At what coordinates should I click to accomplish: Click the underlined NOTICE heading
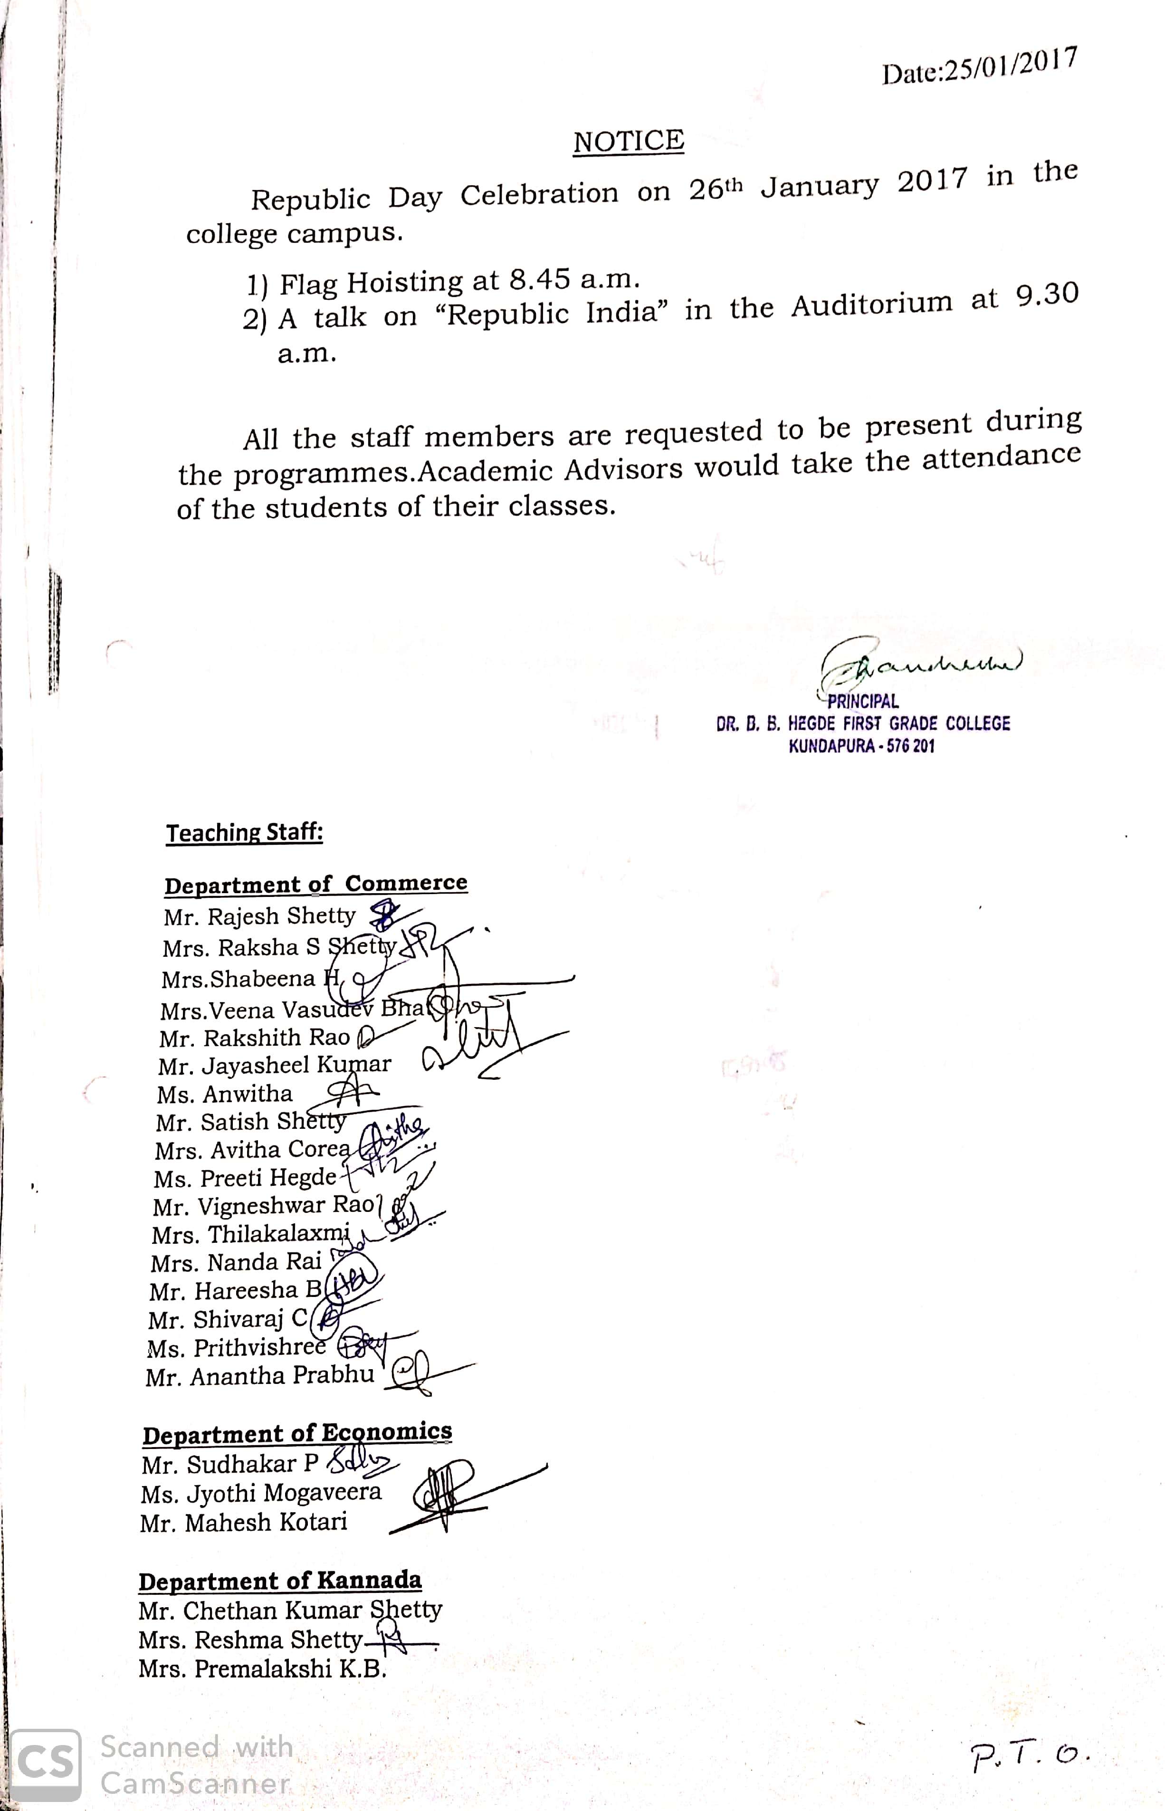tap(628, 142)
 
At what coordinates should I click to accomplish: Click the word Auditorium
tap(871, 304)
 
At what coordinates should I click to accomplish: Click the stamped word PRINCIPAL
tap(862, 701)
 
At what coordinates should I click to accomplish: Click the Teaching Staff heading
tap(244, 833)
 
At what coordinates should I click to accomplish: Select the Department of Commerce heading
tap(315, 884)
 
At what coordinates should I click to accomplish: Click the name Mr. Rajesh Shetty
tap(259, 916)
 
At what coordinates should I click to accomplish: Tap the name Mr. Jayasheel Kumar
tap(274, 1065)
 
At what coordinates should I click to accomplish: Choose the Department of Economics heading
tap(297, 1433)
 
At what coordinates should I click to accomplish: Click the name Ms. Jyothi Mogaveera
tap(261, 1493)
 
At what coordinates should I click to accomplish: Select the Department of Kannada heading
tap(280, 1581)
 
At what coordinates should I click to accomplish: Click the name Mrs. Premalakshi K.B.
tap(262, 1669)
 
